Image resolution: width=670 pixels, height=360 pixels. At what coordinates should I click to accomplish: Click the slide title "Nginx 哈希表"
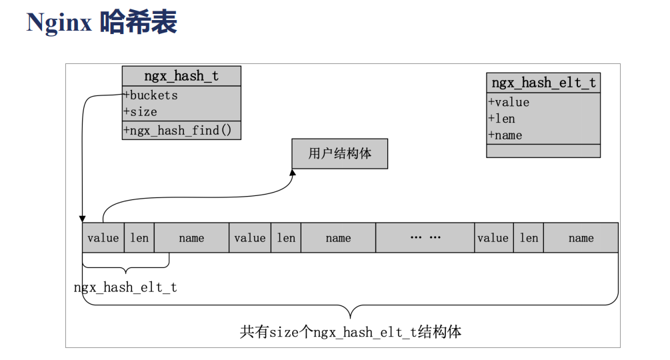(x=101, y=22)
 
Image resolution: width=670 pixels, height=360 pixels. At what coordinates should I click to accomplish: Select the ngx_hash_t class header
(x=181, y=76)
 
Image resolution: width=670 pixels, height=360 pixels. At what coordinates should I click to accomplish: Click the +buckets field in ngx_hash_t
(x=151, y=95)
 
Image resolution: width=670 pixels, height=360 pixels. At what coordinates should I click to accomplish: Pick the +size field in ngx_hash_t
(x=141, y=111)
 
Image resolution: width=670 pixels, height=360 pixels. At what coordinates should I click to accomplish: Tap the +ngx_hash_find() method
(x=177, y=131)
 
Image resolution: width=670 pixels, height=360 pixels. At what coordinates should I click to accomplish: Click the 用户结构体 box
(x=339, y=153)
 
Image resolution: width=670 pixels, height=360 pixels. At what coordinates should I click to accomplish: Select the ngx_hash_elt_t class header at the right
(x=543, y=83)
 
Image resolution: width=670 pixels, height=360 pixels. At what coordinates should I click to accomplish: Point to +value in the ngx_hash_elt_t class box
(x=509, y=102)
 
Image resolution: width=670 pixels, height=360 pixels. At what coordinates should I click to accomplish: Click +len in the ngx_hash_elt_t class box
(x=501, y=119)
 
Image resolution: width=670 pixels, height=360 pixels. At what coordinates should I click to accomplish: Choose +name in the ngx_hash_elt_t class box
(x=505, y=135)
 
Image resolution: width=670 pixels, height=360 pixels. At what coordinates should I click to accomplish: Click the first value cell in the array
(x=103, y=238)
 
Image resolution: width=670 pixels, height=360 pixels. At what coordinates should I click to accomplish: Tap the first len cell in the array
(x=139, y=238)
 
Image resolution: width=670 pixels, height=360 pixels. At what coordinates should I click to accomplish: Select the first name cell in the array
(x=191, y=238)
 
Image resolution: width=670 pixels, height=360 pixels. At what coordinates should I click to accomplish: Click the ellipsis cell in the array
(x=425, y=238)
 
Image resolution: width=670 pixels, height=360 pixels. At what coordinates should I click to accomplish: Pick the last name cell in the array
(x=581, y=238)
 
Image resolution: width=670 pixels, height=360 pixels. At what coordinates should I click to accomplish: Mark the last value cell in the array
(x=493, y=238)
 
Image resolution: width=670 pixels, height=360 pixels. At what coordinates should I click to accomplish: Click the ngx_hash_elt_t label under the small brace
(x=125, y=287)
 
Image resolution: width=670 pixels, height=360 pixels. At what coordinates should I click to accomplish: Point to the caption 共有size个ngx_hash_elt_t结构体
(x=351, y=331)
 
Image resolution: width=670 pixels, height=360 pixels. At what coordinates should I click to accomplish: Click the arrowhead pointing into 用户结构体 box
(x=292, y=173)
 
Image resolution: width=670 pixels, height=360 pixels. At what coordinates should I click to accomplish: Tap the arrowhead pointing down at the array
(x=83, y=218)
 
